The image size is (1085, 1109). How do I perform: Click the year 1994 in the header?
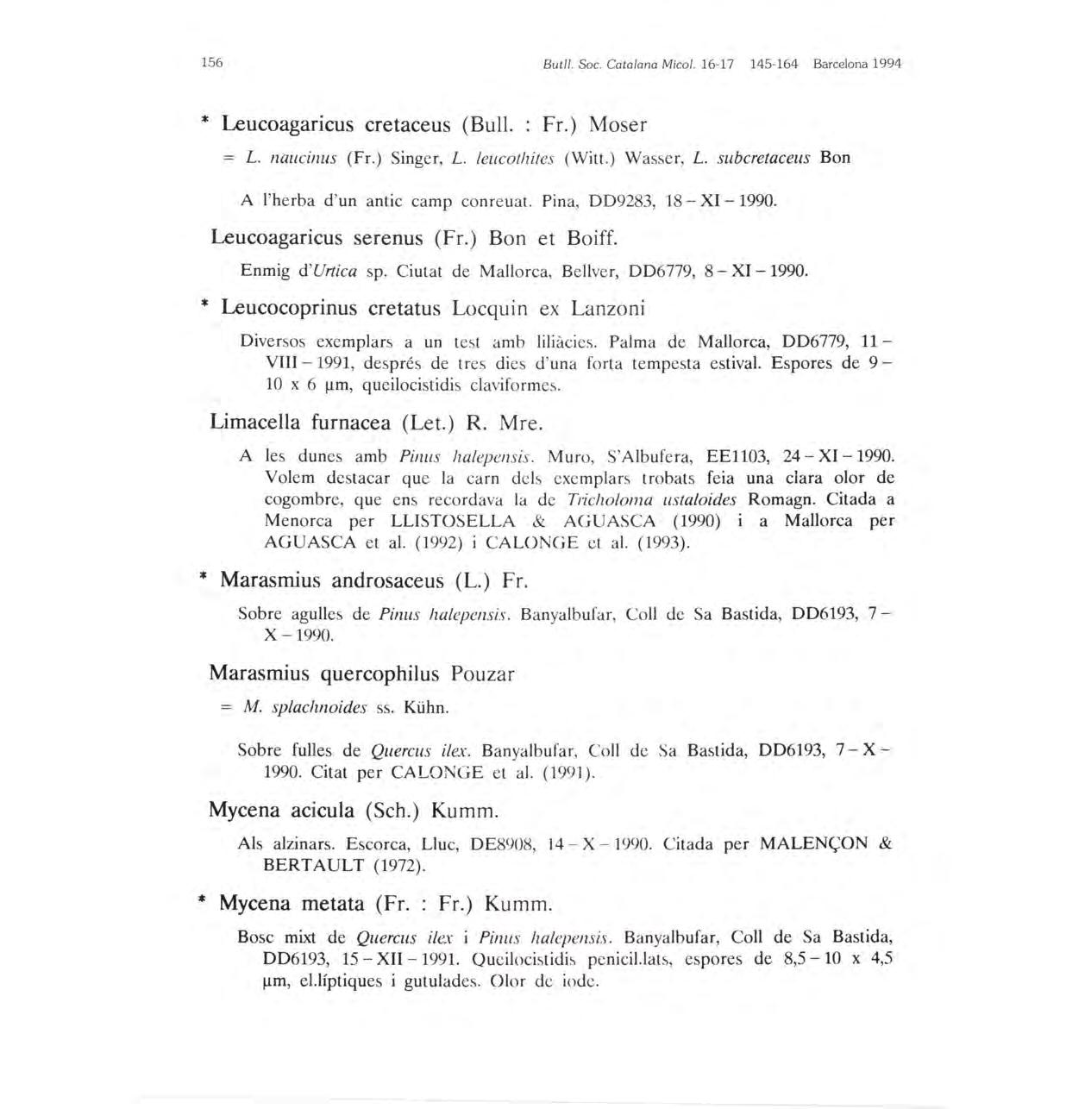coord(886,64)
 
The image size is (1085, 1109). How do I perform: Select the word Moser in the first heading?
coord(618,125)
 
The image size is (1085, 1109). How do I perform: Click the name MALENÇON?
coord(814,843)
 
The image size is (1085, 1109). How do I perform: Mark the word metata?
coord(333,904)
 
